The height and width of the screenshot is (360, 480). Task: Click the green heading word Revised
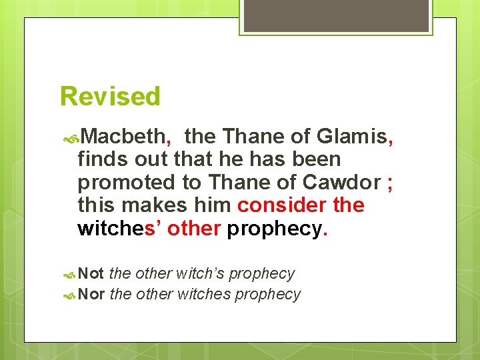pyautogui.click(x=110, y=97)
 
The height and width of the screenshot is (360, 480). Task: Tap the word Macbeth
pyautogui.click(x=125, y=137)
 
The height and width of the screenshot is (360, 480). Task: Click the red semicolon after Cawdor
pyautogui.click(x=389, y=183)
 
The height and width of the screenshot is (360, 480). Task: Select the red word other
pyautogui.click(x=194, y=228)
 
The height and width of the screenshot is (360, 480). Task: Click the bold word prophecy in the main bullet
pyautogui.click(x=274, y=229)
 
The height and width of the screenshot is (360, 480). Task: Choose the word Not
pyautogui.click(x=91, y=273)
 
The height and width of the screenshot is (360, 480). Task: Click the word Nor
pyautogui.click(x=91, y=294)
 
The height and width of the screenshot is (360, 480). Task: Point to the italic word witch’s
pyautogui.click(x=200, y=273)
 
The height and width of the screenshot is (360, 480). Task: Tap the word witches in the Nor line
pyautogui.click(x=203, y=294)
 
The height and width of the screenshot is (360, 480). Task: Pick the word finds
pyautogui.click(x=99, y=160)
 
